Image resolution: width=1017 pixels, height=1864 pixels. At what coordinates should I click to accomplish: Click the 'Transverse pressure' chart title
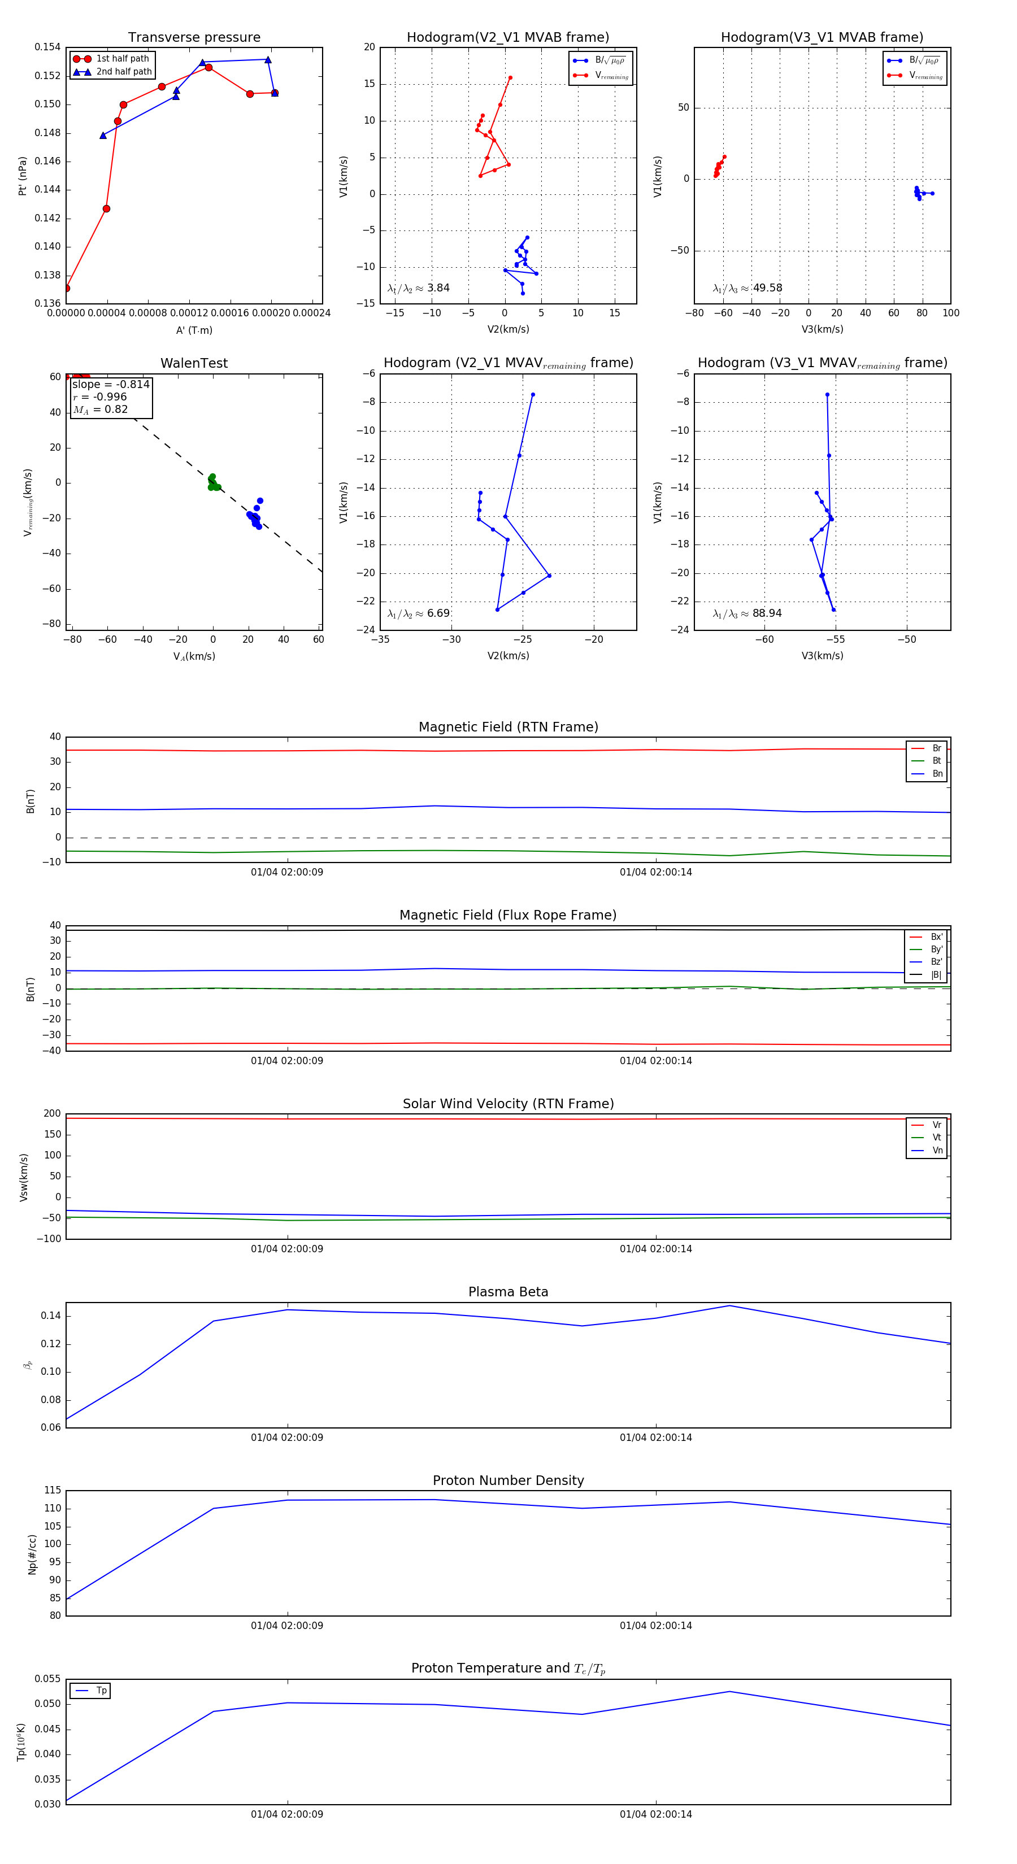(194, 38)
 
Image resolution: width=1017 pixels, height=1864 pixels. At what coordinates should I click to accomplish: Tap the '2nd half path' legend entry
(124, 72)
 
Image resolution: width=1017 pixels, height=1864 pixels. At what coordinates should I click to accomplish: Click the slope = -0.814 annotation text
(111, 384)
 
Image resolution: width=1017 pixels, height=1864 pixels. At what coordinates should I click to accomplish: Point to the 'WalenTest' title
(194, 363)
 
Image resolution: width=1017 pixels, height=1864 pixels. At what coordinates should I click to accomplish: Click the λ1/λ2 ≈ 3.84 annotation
(418, 288)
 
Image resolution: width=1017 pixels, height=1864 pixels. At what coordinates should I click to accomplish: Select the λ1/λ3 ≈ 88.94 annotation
(747, 613)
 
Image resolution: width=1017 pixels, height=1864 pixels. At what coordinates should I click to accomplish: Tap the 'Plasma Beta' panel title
(508, 1292)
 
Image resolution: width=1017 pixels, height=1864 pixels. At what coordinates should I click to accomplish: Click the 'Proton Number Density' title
(508, 1480)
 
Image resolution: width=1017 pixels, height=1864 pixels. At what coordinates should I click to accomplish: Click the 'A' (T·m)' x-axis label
(194, 330)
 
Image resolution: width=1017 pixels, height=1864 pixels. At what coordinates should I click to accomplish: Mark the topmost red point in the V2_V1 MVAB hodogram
(510, 77)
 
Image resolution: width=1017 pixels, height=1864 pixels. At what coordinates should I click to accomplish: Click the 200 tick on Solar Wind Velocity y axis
(52, 1114)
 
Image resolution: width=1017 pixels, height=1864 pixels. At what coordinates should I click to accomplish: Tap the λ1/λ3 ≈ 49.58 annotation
(747, 288)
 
